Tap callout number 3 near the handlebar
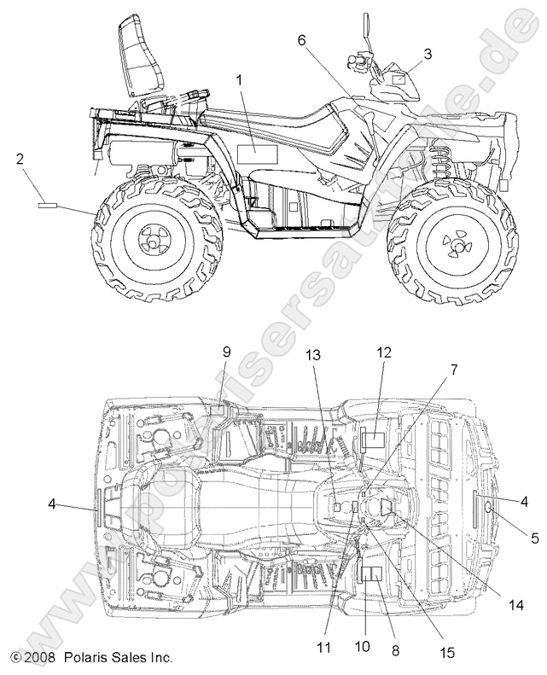point(428,53)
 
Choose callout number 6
point(301,39)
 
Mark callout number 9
point(227,351)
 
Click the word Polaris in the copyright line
point(85,658)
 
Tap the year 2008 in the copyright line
point(38,658)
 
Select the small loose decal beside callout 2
point(48,205)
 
